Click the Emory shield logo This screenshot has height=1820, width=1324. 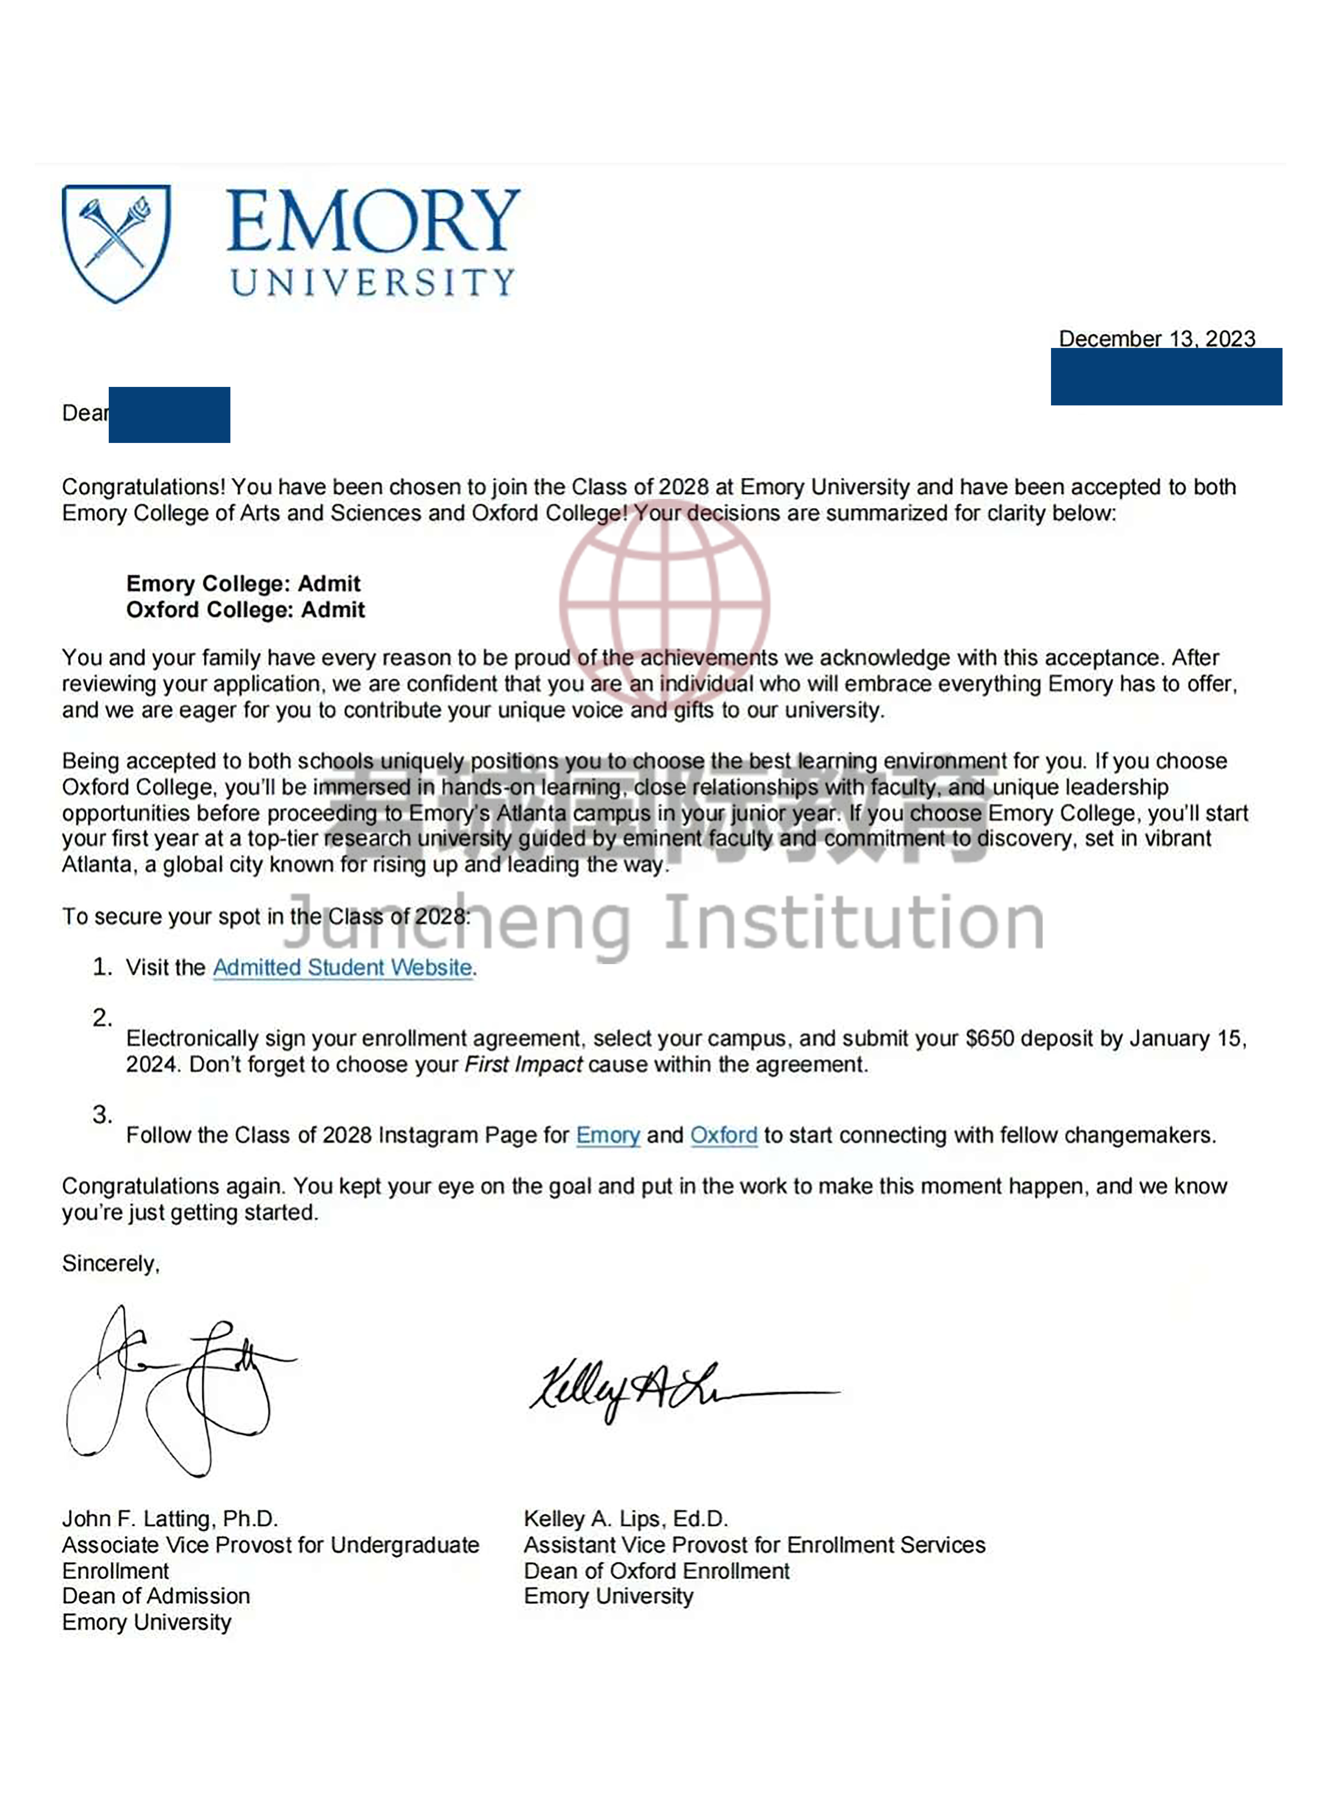[x=116, y=242]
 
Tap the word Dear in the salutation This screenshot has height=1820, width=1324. [x=84, y=413]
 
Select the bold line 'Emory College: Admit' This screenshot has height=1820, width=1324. [x=243, y=583]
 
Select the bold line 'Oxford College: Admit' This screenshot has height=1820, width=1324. [x=245, y=610]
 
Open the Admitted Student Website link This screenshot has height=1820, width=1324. [x=342, y=968]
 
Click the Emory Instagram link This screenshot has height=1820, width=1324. [x=608, y=1136]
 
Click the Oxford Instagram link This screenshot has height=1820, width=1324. [x=723, y=1136]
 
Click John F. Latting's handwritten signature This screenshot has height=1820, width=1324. [x=177, y=1392]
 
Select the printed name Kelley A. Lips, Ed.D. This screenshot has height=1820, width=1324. [x=626, y=1519]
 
